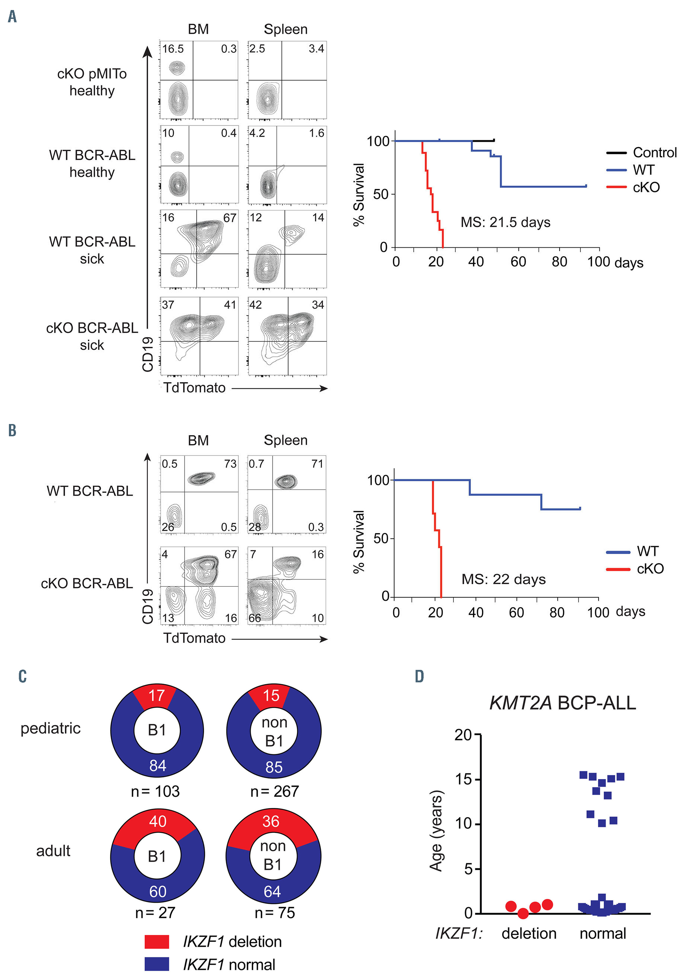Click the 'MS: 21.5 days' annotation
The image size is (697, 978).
coord(505,222)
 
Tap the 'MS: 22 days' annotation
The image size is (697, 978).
coord(504,579)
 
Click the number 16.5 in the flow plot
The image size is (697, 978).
coord(173,49)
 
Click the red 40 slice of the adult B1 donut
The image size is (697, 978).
coord(157,822)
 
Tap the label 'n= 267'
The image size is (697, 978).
coord(274,791)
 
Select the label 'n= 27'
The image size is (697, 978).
coord(155,913)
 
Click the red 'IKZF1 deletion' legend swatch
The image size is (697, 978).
coord(157,942)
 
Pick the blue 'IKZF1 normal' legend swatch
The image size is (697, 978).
coord(157,964)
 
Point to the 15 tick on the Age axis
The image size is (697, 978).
coord(463,779)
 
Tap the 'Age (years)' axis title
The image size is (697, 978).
coord(436,830)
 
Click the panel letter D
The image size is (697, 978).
coord(419,677)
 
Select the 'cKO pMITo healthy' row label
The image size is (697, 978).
coord(92,82)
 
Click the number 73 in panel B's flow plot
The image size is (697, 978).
coord(230,464)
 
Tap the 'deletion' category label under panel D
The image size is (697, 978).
coord(529,933)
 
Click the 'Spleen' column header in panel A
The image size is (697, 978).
coord(286,29)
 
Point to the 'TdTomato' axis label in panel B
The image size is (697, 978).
coord(195,638)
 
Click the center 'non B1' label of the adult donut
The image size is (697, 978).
coord(273,855)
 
